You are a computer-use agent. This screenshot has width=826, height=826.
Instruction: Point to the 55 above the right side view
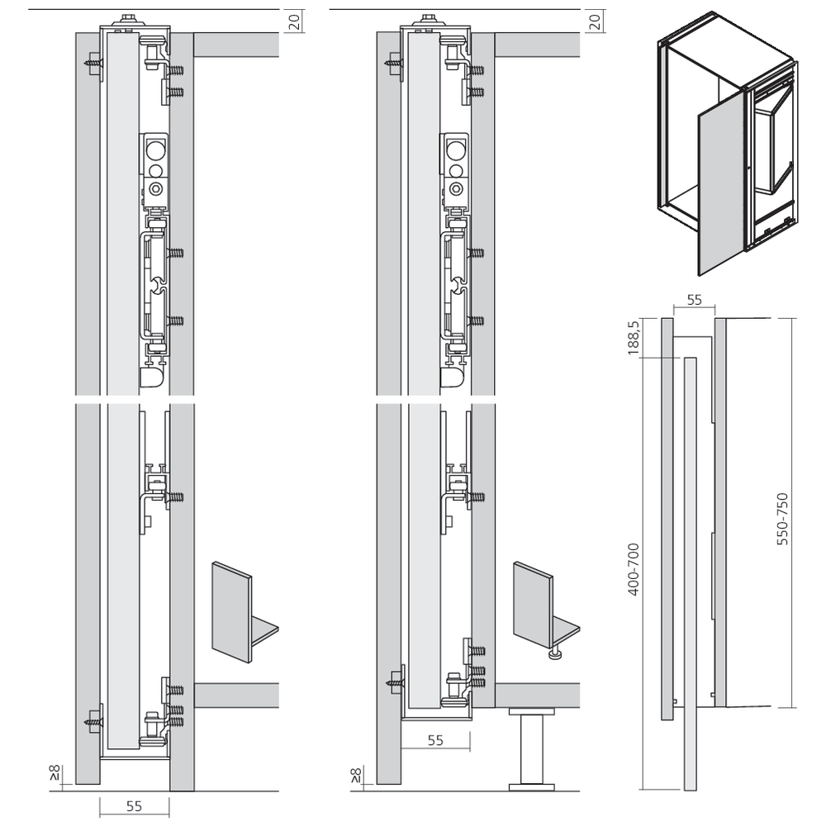[695, 301]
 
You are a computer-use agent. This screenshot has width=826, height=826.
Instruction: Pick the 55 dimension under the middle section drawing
[436, 740]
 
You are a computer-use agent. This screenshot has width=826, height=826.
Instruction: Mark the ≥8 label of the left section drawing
[54, 773]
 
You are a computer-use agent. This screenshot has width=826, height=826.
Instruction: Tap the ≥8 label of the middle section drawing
[355, 773]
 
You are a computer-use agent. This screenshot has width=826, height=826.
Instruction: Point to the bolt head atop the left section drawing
[130, 18]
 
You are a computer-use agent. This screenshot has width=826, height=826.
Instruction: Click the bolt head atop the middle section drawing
[430, 18]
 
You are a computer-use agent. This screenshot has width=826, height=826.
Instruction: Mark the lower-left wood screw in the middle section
[394, 682]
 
